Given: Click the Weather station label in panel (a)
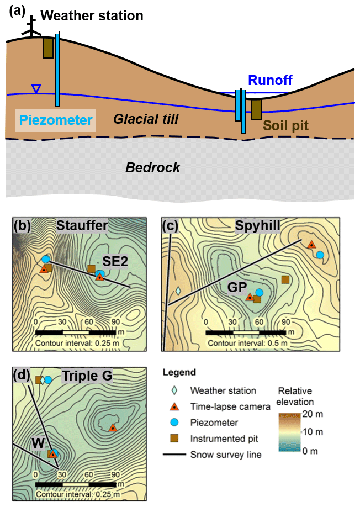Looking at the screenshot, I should (92, 16).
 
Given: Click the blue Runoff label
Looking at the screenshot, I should (270, 81).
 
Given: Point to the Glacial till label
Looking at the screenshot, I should (146, 118).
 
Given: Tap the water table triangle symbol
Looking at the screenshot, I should (36, 88).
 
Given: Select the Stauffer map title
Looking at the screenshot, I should (82, 225).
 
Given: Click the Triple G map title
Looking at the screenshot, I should (87, 377).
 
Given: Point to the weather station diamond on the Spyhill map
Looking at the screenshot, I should (178, 291).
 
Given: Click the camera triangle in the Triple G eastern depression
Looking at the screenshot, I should (113, 427).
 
